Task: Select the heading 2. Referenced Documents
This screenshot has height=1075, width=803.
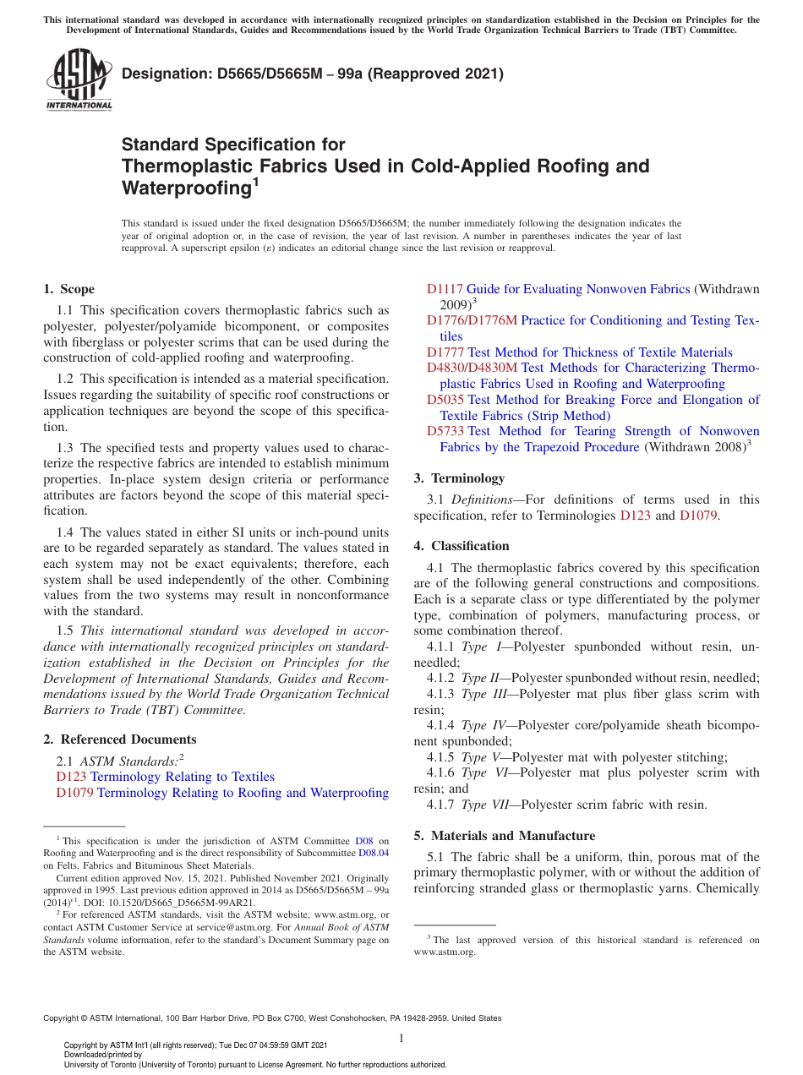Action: pos(105,739)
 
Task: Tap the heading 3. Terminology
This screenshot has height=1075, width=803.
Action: pos(459,478)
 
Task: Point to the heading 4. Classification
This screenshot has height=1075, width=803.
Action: pos(462,546)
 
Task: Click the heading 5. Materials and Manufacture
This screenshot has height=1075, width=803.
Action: pos(504,836)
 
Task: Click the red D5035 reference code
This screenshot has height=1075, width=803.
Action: pos(445,400)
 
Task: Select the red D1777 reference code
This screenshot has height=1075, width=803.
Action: pos(445,352)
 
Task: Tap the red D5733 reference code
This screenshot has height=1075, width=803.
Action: pos(445,432)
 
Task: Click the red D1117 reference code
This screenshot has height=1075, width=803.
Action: pos(445,289)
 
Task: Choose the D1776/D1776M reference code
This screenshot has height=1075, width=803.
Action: pos(472,320)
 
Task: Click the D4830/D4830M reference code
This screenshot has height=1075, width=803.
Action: pos(472,368)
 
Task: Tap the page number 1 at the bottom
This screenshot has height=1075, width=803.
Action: pos(401,1038)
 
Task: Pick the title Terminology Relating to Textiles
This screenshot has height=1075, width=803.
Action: pos(183,777)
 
